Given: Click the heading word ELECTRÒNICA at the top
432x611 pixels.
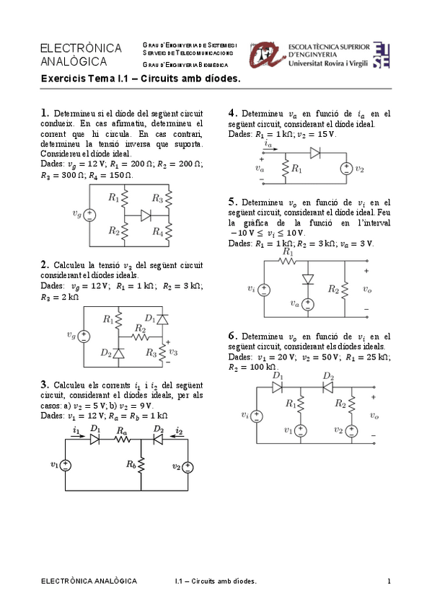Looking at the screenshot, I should point(73,48).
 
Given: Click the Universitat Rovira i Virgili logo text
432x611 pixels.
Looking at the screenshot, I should point(330,63).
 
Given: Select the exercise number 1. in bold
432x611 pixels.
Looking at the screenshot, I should point(45,112).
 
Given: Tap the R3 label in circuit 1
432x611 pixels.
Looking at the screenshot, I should point(157,197).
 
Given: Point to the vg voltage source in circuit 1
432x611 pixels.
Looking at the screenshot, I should point(90,214).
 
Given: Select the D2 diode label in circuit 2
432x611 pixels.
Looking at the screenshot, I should point(106,352).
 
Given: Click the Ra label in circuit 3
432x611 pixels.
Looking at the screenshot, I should point(122,429).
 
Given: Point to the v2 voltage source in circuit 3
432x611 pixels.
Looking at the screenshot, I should point(188,466).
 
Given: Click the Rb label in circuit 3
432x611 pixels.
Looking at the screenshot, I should point(131,465).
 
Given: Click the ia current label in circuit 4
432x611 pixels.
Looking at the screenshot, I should point(268,144).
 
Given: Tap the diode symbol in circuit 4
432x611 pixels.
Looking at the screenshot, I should point(314,153).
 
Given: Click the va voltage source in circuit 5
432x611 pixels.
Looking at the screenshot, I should point(308,305).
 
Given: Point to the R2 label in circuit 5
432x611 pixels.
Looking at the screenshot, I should point(333,289).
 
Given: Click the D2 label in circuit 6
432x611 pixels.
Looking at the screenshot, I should point(328,376).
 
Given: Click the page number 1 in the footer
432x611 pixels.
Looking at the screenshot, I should point(389,581).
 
